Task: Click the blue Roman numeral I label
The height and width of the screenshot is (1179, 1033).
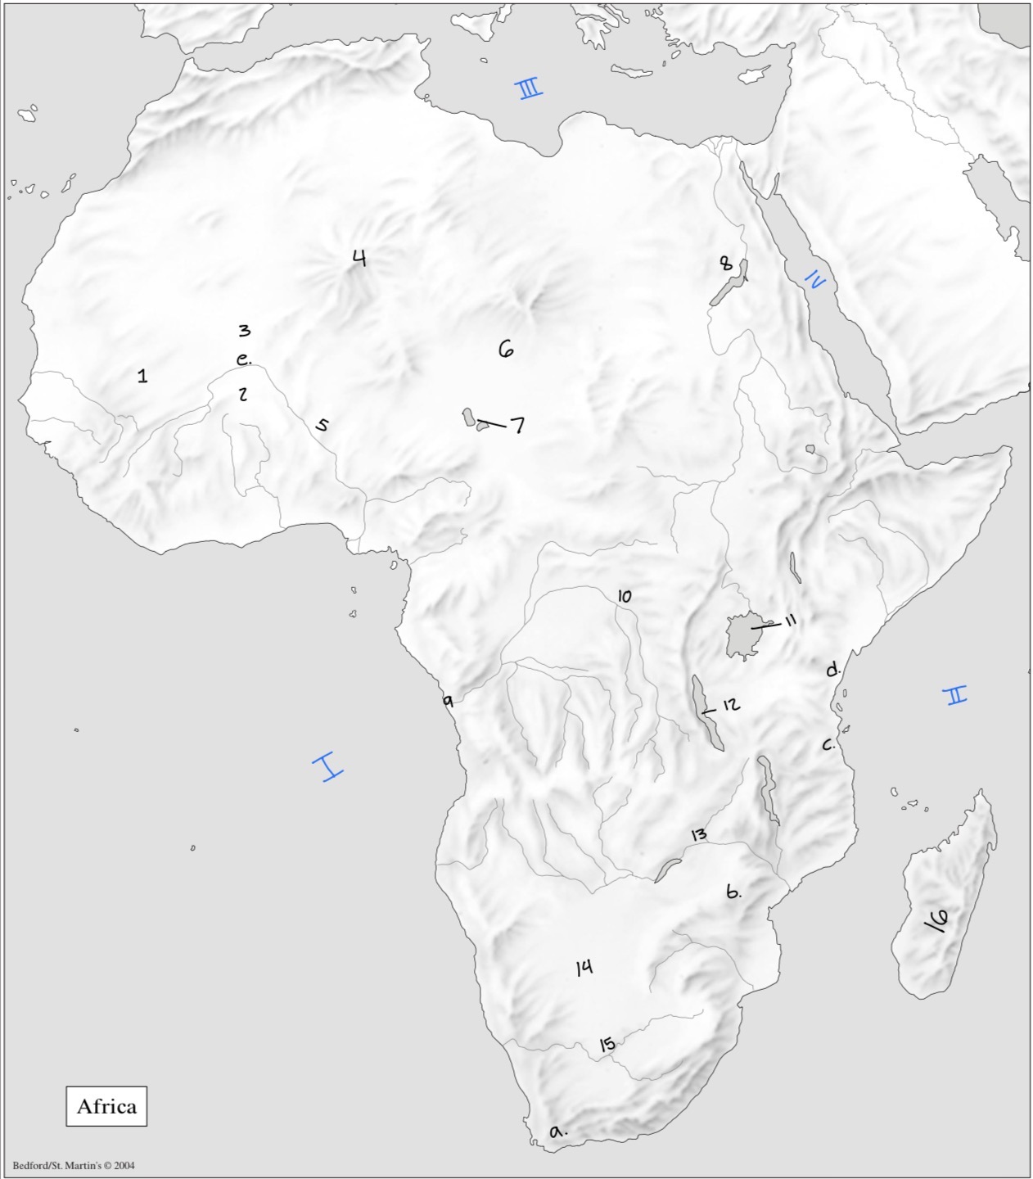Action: pos(327,767)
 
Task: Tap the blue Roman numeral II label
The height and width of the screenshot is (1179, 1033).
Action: pos(954,695)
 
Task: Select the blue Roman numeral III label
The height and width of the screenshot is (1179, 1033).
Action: pos(530,88)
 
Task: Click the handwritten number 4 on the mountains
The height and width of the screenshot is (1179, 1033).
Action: pos(359,259)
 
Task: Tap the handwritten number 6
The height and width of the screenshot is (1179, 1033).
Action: pos(506,350)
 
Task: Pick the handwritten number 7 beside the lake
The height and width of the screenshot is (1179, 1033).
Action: pos(517,425)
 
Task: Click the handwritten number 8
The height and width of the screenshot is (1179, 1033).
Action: pos(725,264)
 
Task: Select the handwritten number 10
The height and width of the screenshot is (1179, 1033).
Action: pos(625,596)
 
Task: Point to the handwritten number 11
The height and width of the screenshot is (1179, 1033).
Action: pos(790,621)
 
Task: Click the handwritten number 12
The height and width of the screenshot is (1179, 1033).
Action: pos(731,704)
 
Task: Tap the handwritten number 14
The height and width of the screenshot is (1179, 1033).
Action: pos(584,968)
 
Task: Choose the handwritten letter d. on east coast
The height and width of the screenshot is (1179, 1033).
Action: pos(832,670)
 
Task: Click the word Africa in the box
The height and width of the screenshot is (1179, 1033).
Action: pos(106,1106)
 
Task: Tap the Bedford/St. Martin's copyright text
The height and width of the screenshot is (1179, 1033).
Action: pos(74,1165)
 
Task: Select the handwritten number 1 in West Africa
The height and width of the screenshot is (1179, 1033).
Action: pos(143,376)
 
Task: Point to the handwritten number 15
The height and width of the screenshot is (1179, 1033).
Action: pos(607,1044)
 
